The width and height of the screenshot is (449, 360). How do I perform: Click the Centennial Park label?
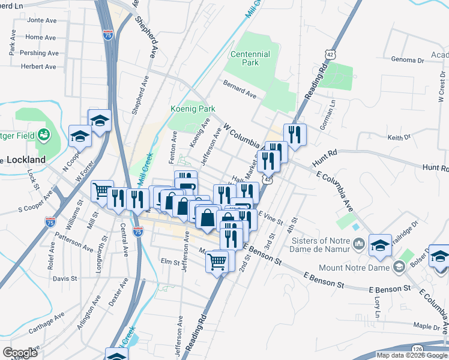(250, 58)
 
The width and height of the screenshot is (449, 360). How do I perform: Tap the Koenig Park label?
(192, 109)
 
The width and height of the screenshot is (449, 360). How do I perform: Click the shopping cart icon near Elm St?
(217, 260)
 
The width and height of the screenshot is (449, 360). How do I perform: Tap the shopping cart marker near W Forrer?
(102, 191)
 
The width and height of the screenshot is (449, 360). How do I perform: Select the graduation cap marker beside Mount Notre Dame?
(379, 244)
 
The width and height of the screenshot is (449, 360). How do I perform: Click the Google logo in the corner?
(20, 353)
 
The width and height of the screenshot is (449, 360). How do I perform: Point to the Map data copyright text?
(412, 355)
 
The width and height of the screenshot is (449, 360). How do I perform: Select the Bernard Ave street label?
(240, 89)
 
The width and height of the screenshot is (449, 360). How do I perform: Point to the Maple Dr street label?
(426, 326)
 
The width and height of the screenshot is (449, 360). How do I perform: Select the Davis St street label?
(64, 278)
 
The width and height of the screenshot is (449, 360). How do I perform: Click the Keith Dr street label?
(398, 138)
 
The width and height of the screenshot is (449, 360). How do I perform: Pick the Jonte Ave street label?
(41, 20)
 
